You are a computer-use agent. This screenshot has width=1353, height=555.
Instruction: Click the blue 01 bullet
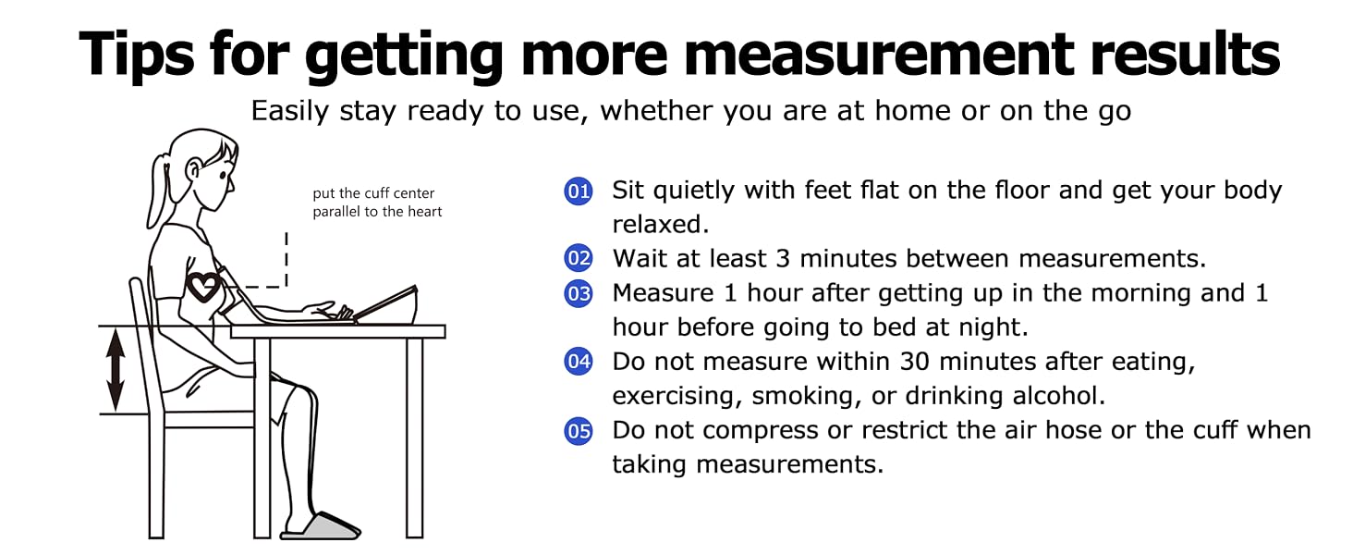point(578,191)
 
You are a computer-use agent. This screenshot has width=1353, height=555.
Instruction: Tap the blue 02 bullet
point(578,258)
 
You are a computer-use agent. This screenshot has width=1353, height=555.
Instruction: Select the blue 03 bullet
point(578,293)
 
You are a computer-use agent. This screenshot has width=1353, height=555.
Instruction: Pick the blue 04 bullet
point(578,361)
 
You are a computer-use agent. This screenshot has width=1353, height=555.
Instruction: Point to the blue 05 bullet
point(578,431)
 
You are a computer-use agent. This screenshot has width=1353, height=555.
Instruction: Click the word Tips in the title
point(137,55)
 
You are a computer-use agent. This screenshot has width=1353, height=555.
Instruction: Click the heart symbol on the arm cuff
point(203,287)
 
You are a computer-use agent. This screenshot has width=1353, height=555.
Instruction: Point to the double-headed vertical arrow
point(116,370)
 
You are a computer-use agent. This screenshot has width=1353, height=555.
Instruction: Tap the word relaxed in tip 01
point(660,224)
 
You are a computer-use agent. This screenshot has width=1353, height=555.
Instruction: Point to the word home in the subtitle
point(913,111)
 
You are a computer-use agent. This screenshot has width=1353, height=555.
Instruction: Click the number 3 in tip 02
point(783,259)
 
